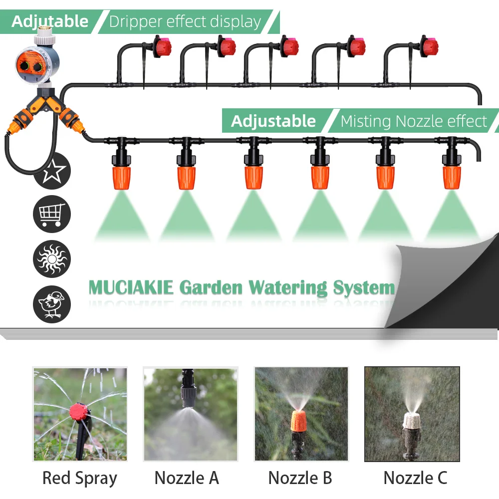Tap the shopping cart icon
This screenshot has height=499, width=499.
[x=52, y=214]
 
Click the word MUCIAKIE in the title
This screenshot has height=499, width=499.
[x=131, y=288]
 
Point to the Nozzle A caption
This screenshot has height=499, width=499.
[x=187, y=478]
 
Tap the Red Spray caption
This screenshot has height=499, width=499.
[x=79, y=478]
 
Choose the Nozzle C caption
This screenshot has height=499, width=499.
[x=415, y=478]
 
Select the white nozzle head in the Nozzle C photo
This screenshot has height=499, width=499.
[x=412, y=420]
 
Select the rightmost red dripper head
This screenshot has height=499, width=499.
[x=429, y=47]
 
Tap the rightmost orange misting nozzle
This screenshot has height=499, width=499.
[x=452, y=178]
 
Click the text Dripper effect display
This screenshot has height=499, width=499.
[x=185, y=22]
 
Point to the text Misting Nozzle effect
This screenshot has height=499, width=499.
[x=414, y=121]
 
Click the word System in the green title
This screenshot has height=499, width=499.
[x=364, y=288]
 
